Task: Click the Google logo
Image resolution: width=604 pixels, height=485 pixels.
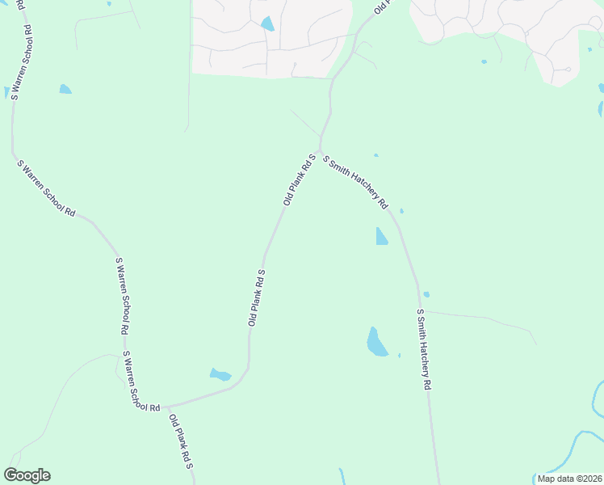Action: point(27,475)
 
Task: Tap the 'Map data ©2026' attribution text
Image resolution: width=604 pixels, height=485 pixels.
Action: point(570,479)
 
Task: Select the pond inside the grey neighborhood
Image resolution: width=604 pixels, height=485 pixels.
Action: point(267,24)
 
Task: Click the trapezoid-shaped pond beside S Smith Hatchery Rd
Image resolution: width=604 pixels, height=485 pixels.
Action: point(381,236)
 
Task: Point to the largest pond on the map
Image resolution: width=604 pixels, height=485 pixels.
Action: point(376,342)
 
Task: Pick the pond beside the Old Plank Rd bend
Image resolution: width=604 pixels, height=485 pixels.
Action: point(220,374)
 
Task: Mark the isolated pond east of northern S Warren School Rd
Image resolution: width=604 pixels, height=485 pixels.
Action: point(65,89)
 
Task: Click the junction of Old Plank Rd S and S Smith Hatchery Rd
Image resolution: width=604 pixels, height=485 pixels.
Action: point(320,150)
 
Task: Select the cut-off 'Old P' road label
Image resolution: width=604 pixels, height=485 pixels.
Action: point(381,7)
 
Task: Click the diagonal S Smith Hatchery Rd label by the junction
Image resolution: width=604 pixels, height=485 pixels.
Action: point(356,182)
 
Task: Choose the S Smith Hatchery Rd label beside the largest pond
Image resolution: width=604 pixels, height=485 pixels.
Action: point(423,349)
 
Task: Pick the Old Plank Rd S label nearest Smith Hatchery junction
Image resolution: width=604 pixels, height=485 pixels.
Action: point(298,179)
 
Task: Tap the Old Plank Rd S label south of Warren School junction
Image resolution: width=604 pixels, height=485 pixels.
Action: point(183,444)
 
